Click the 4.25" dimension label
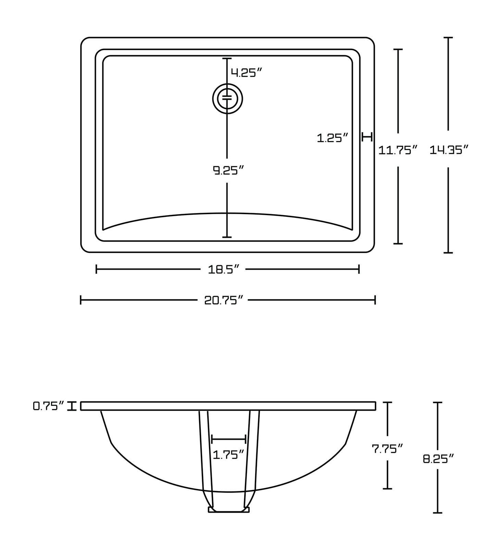tap(246, 72)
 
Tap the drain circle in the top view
tap(227, 99)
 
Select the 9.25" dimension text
tap(228, 170)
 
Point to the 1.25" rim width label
tap(332, 138)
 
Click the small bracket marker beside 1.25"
tap(367, 137)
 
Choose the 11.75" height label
tap(398, 150)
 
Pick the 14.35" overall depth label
tap(449, 150)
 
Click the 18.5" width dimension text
tap(223, 270)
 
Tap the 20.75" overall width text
tap(223, 300)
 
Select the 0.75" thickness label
tap(48, 406)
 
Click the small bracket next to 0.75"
tap(72, 406)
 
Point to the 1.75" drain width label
tap(228, 455)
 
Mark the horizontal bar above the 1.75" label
tap(229, 439)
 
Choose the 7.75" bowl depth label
tap(387, 448)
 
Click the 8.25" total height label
tap(438, 459)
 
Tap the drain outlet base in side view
tap(229, 510)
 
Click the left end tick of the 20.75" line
tap(81, 300)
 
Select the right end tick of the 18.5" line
tap(359, 269)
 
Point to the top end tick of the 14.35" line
tap(448, 37)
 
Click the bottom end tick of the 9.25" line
tap(227, 237)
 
